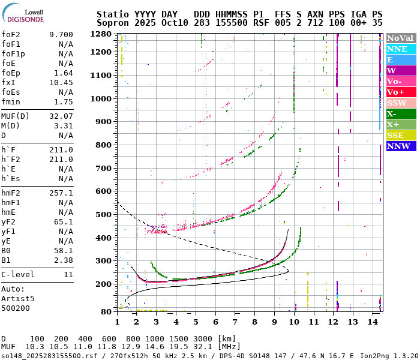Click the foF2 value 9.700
click(61, 35)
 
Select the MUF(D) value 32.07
click(61, 116)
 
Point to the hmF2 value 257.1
click(61, 193)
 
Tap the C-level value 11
click(68, 275)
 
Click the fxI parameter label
click(8, 83)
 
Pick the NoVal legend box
click(400, 38)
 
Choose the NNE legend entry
click(400, 49)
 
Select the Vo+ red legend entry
click(400, 92)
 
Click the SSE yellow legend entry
click(400, 135)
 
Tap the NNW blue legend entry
click(400, 146)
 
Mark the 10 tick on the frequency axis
click(294, 322)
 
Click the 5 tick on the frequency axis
click(196, 322)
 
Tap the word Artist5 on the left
click(18, 298)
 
